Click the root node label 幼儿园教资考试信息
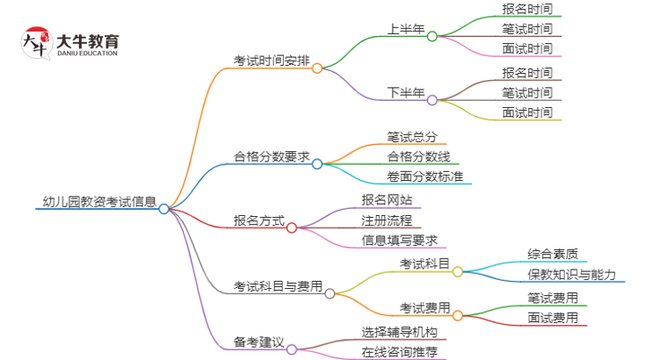point(99,201)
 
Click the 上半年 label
point(406,29)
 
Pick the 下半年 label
point(406,92)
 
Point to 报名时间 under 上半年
point(527,10)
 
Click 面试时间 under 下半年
point(527,112)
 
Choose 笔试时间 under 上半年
point(527,29)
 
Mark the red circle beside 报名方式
point(292,227)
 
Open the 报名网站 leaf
point(387,199)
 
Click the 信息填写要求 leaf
point(399,240)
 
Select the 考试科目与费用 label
point(278,286)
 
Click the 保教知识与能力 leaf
point(571,275)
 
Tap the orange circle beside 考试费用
point(458,314)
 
